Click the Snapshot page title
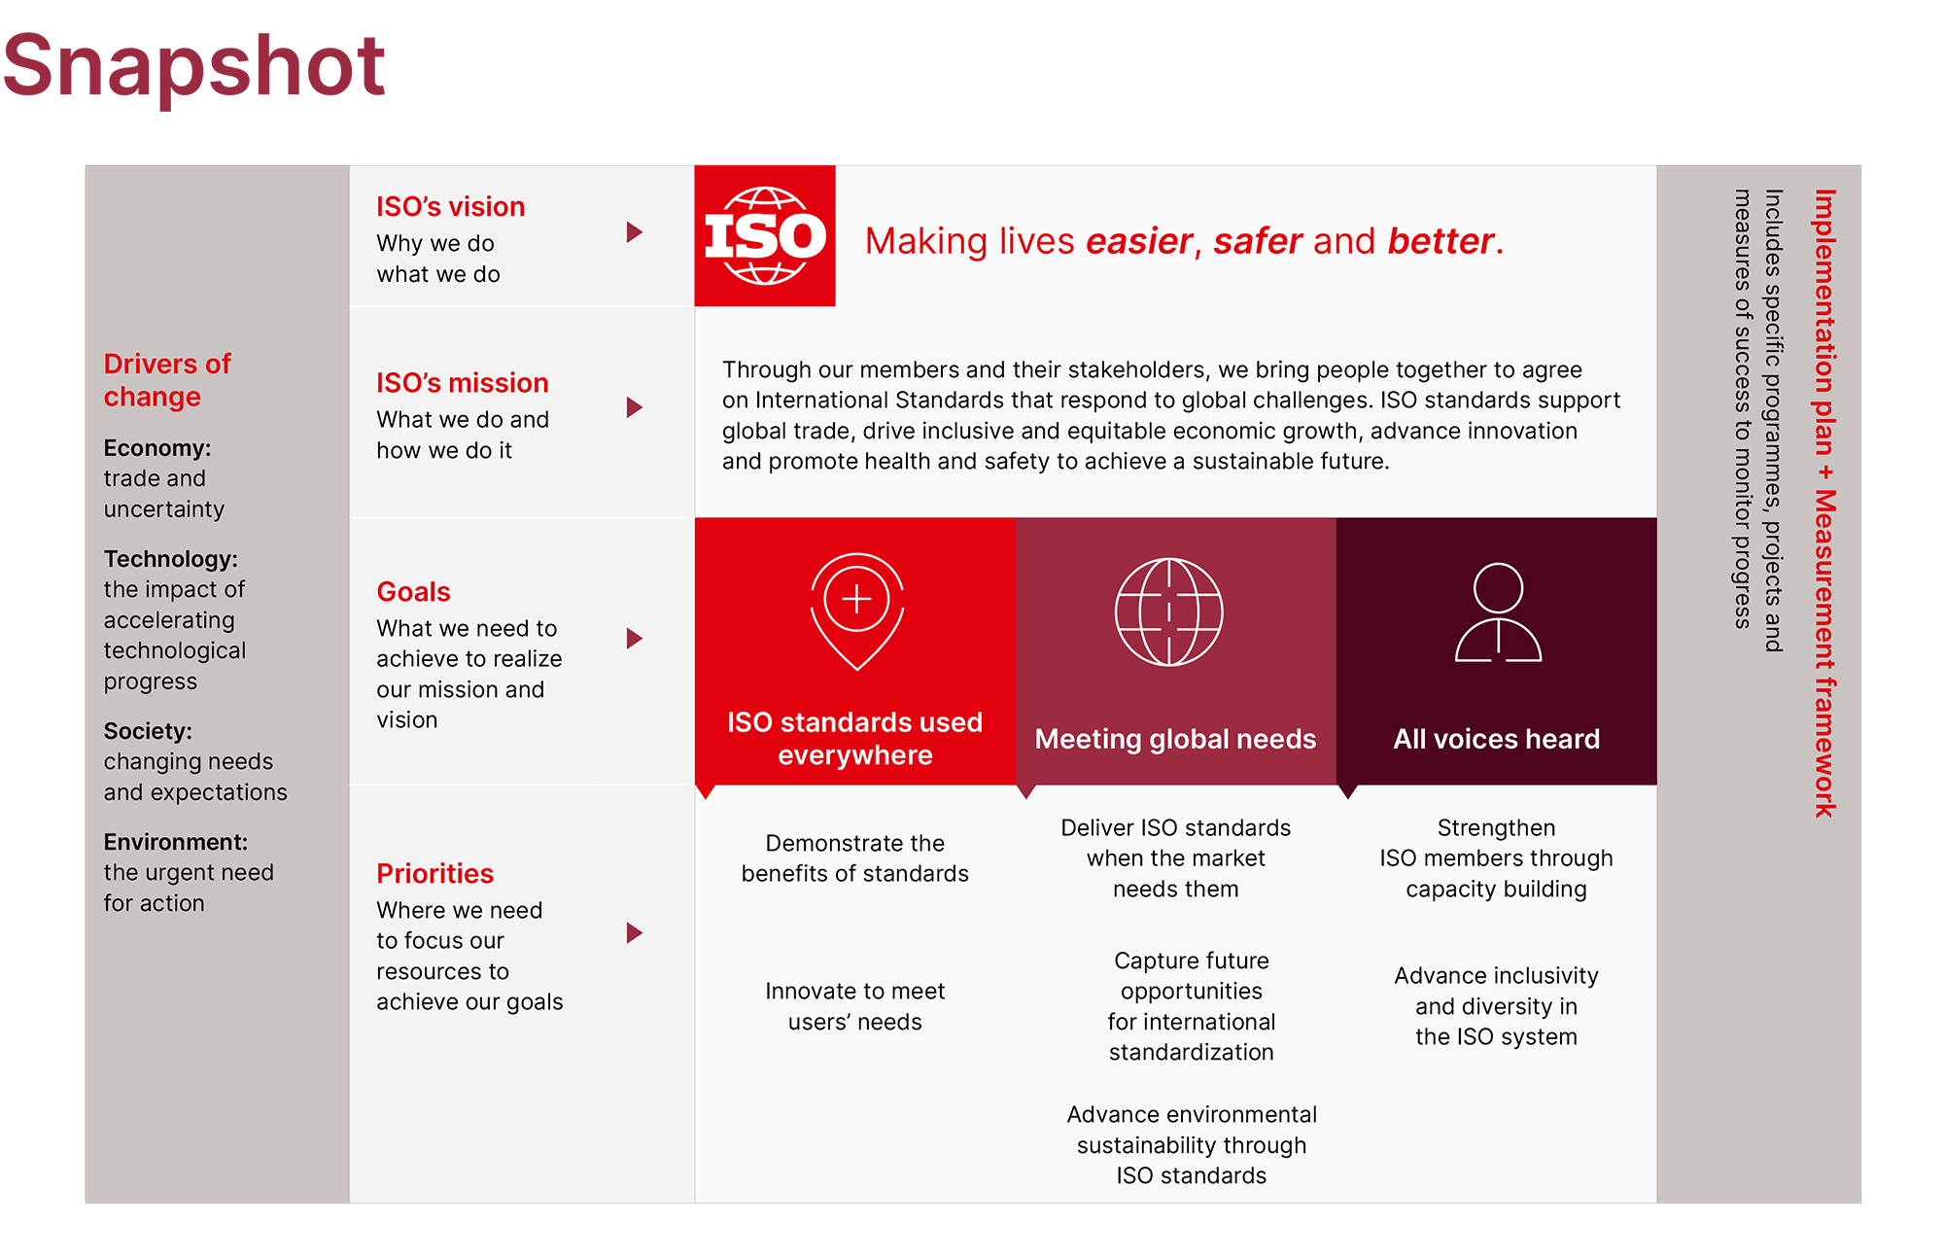pos(194,66)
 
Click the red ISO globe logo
pos(765,236)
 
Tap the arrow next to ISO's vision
pos(635,232)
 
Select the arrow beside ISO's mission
pos(635,407)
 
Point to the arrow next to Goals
pos(635,639)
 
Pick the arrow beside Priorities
pos(635,933)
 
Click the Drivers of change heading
pos(167,380)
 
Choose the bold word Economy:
pos(157,448)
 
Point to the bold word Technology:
pos(171,559)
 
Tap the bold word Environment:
pos(176,842)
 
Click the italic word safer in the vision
pos(1258,241)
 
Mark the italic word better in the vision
pos(1441,241)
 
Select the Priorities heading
pos(434,874)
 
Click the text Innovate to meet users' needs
pos(855,1006)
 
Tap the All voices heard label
pos(1497,739)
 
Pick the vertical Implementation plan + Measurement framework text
pos(1824,504)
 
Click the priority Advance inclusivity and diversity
pos(1497,1006)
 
